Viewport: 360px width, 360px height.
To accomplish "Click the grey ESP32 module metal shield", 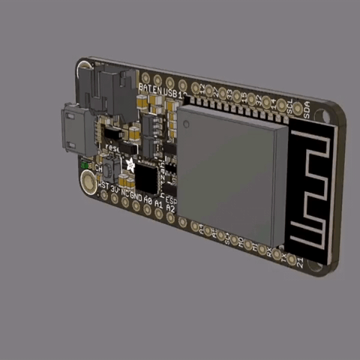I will coord(229,172).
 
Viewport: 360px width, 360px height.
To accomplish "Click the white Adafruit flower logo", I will coord(130,164).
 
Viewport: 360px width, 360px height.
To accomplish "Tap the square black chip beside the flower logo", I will coord(146,178).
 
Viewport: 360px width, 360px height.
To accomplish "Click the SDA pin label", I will coord(306,110).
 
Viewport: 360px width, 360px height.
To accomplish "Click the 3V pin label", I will coord(114,189).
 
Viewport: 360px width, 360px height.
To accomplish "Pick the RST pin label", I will coord(103,185).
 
